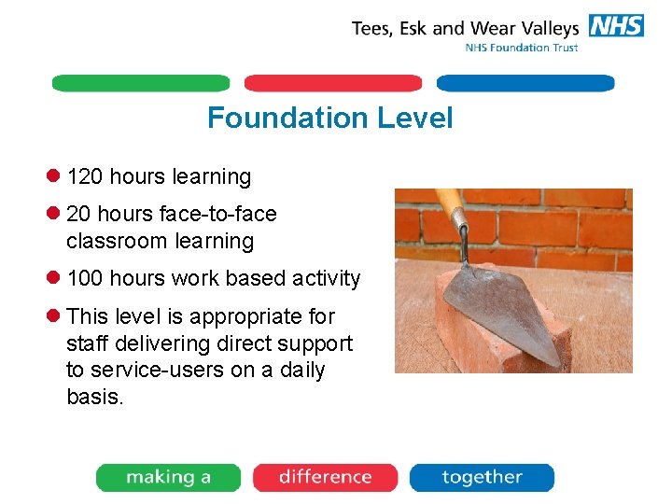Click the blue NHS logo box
(615, 25)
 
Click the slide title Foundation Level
(329, 119)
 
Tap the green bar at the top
(140, 83)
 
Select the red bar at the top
(333, 83)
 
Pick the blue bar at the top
(525, 83)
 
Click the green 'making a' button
(168, 477)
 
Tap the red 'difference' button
(325, 477)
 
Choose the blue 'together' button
(482, 477)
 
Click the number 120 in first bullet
(85, 176)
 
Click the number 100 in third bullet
(85, 278)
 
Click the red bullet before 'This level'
(53, 315)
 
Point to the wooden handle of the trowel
(451, 207)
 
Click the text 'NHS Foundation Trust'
(521, 48)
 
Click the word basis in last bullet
(94, 397)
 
